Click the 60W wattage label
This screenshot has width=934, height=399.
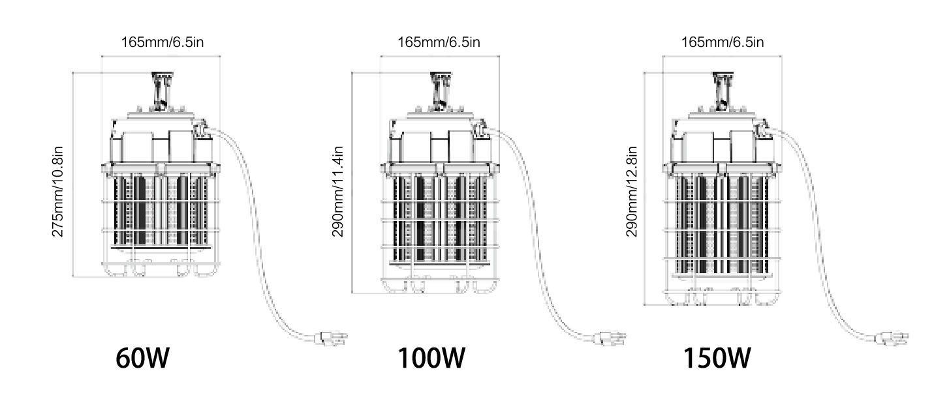click(x=142, y=358)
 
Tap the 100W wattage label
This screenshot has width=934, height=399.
click(x=431, y=358)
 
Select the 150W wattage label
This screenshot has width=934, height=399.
click(x=717, y=358)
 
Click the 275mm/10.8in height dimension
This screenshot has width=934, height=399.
click(x=57, y=192)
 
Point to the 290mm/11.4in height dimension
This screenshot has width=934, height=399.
click(x=337, y=192)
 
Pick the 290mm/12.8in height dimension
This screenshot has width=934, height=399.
click(x=632, y=192)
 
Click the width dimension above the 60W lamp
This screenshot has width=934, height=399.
click(x=163, y=42)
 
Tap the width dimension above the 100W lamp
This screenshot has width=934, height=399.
click(x=439, y=42)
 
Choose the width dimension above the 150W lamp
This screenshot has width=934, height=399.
click(x=723, y=42)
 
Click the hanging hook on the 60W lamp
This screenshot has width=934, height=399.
click(x=162, y=90)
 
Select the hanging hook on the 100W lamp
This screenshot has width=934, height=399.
click(x=441, y=90)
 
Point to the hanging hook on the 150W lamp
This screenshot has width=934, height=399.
click(x=723, y=90)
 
